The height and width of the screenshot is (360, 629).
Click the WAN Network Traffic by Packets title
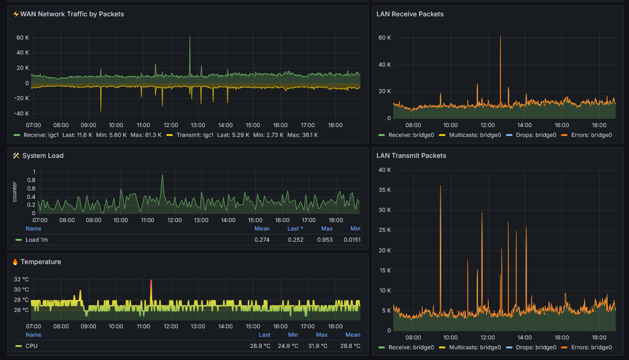[72, 14]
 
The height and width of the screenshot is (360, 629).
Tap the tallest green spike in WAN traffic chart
[190, 37]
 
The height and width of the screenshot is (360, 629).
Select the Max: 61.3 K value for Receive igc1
[146, 135]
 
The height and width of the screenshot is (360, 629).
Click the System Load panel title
[43, 156]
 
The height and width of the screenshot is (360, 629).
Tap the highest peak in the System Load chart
[162, 175]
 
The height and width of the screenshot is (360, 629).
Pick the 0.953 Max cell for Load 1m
[325, 240]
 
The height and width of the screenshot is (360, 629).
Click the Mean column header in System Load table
[262, 228]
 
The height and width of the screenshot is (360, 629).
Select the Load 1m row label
[37, 240]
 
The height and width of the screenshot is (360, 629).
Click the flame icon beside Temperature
[15, 262]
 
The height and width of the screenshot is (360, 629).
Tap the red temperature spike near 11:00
[151, 280]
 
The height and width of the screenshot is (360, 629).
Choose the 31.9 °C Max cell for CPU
[318, 346]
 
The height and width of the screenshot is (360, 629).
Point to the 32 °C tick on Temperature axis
[21, 279]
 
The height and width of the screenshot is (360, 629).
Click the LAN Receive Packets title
[410, 14]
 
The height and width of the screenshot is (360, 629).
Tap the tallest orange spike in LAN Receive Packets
[500, 37]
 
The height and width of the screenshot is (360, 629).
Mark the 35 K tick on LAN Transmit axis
[385, 190]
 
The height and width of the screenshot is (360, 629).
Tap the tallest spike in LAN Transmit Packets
[440, 186]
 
